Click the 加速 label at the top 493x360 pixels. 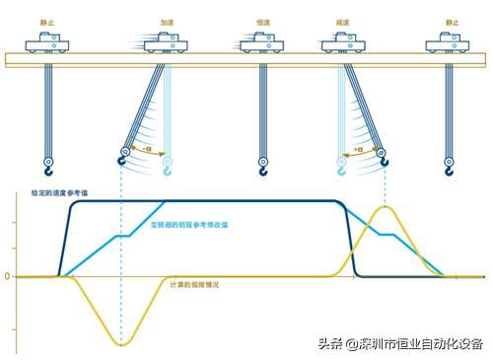click(x=167, y=20)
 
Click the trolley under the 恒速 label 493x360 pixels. click(x=259, y=42)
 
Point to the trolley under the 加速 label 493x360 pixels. click(x=167, y=42)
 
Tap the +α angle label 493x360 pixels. click(x=362, y=149)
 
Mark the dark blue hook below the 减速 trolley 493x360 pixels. click(x=386, y=157)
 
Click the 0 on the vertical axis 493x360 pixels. click(x=7, y=276)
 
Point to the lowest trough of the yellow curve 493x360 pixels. click(x=122, y=344)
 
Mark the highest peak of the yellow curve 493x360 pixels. click(x=386, y=207)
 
